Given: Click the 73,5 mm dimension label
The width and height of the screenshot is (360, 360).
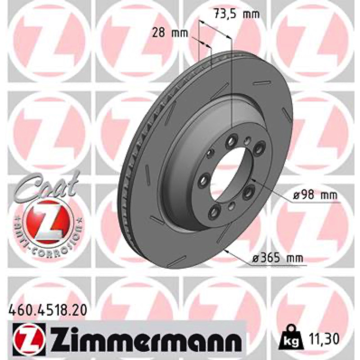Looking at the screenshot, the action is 237,14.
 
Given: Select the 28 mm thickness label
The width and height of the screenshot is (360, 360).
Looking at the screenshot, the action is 170,33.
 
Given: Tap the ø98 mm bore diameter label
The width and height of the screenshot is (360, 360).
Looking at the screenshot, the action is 315,196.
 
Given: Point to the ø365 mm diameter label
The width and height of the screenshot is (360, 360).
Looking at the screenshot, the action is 278,258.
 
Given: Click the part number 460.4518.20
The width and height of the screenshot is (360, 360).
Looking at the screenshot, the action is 48,311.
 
